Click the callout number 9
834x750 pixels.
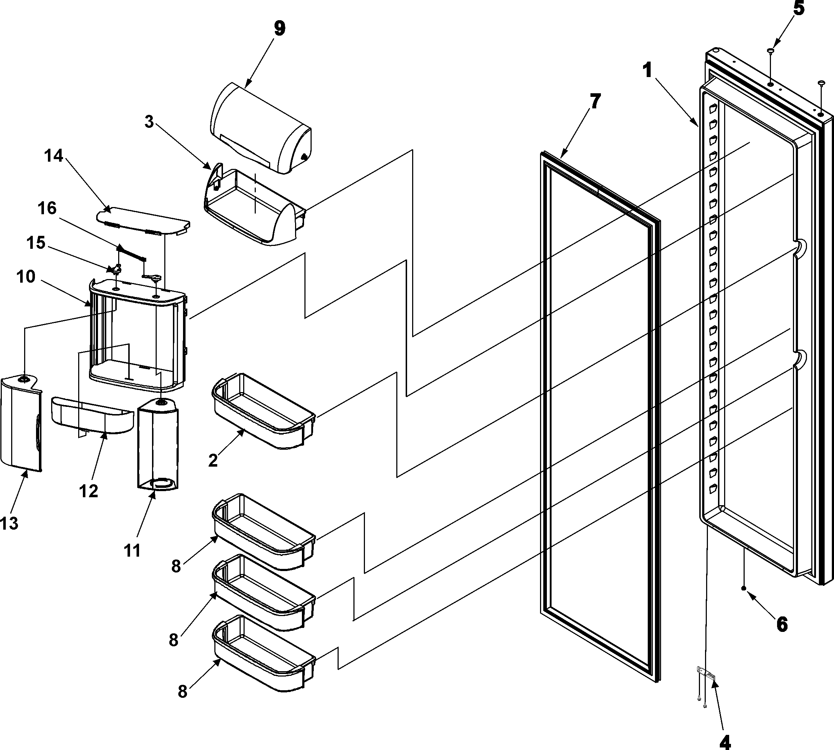point(279,29)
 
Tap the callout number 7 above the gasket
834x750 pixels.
point(595,102)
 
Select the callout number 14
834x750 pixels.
point(54,156)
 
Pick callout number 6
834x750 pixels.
point(782,625)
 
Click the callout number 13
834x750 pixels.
point(9,524)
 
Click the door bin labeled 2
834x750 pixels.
point(264,412)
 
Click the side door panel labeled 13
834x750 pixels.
point(21,425)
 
